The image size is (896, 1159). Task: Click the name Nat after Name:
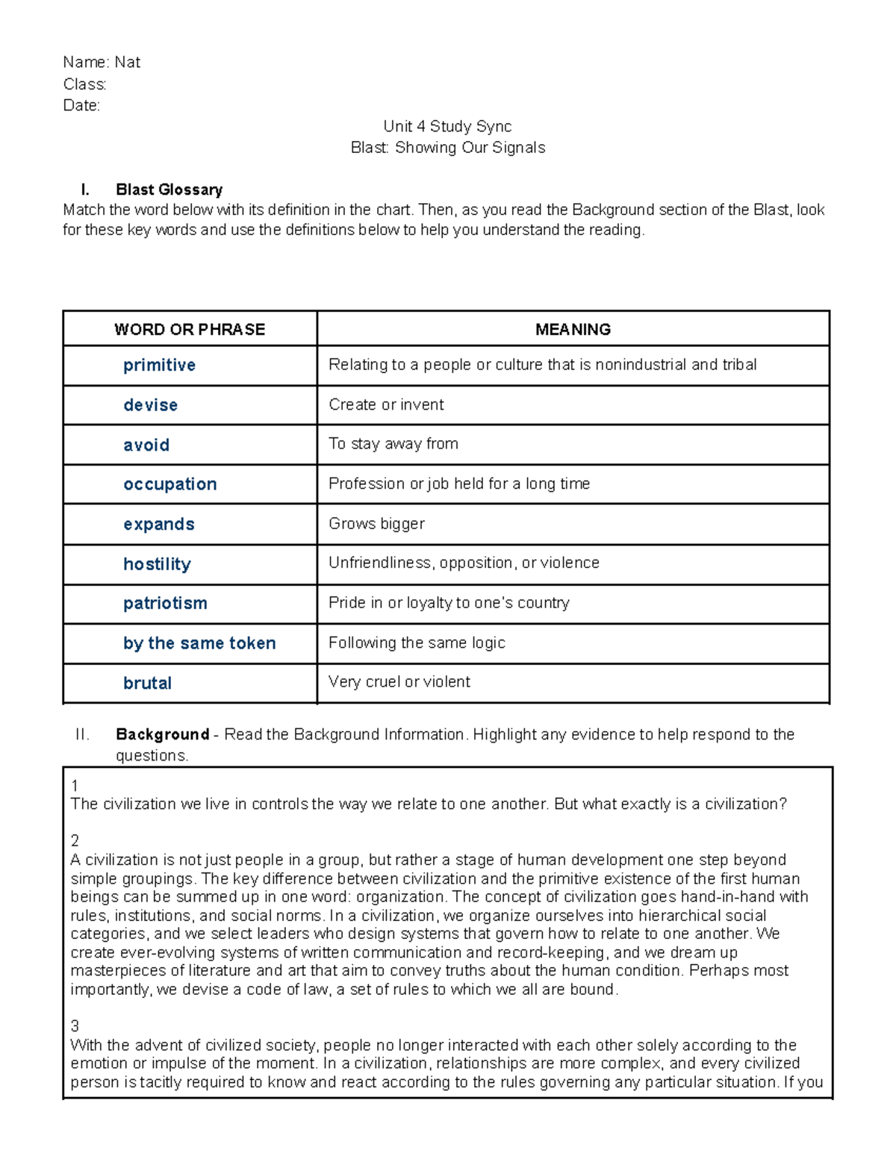[127, 63]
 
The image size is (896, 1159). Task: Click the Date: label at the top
[81, 105]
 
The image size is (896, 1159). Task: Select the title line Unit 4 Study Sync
[447, 126]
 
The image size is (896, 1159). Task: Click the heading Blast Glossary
[169, 190]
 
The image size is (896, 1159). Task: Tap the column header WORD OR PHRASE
[190, 329]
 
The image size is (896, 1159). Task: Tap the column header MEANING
[573, 329]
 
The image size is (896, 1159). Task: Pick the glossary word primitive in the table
[159, 365]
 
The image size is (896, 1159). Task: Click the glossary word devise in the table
[150, 405]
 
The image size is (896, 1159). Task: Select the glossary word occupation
[169, 484]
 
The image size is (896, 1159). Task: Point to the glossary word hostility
[157, 564]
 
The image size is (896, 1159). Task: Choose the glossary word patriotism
[165, 603]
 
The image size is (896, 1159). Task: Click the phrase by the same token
[199, 643]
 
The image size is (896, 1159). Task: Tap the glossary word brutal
[147, 683]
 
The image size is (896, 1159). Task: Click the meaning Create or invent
[386, 404]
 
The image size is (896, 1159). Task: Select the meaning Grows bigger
[376, 524]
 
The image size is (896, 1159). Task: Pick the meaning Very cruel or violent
[399, 682]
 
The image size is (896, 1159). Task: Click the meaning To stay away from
[393, 444]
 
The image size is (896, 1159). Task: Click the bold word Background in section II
[162, 734]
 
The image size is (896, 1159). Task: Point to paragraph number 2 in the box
[75, 841]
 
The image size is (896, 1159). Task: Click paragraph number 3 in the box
[75, 1026]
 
